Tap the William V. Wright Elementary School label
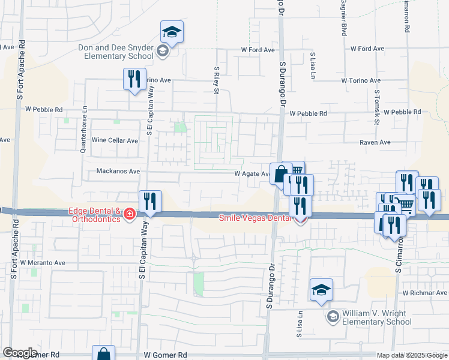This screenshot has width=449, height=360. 377,318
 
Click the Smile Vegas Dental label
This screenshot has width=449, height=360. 255,218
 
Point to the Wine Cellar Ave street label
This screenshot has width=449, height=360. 115,140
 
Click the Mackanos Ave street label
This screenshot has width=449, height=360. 118,171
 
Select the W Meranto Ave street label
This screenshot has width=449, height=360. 43,263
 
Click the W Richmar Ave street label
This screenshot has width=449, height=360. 425,293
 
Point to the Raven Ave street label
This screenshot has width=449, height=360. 375,143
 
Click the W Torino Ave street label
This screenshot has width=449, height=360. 361,80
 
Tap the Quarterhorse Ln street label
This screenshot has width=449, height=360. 85,130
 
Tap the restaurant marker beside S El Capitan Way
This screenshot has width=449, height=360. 150,202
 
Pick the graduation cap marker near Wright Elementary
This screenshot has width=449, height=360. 321,290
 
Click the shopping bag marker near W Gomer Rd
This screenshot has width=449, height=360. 103,354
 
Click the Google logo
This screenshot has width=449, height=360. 20,352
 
